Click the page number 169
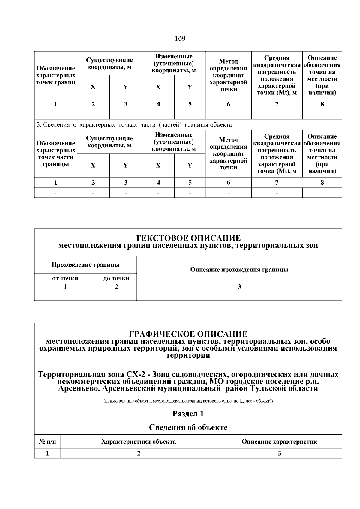coord(180,39)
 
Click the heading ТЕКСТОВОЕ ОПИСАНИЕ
coord(188,238)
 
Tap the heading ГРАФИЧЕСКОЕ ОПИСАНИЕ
coord(188,334)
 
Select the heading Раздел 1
coord(188,414)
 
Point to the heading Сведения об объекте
coord(188,427)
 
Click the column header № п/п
coord(47,442)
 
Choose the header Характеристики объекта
coord(139,442)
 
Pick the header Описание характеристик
coord(279,442)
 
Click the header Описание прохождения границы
coord(239,269)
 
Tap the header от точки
coord(65,278)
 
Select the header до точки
coord(116,278)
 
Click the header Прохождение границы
coord(85,265)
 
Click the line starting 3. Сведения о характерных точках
coord(134,124)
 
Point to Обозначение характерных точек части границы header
coord(55,154)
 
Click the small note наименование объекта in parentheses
coord(188,401)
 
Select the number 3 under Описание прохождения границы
coord(239,287)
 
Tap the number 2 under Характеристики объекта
coord(139,453)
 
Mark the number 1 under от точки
coord(65,287)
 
